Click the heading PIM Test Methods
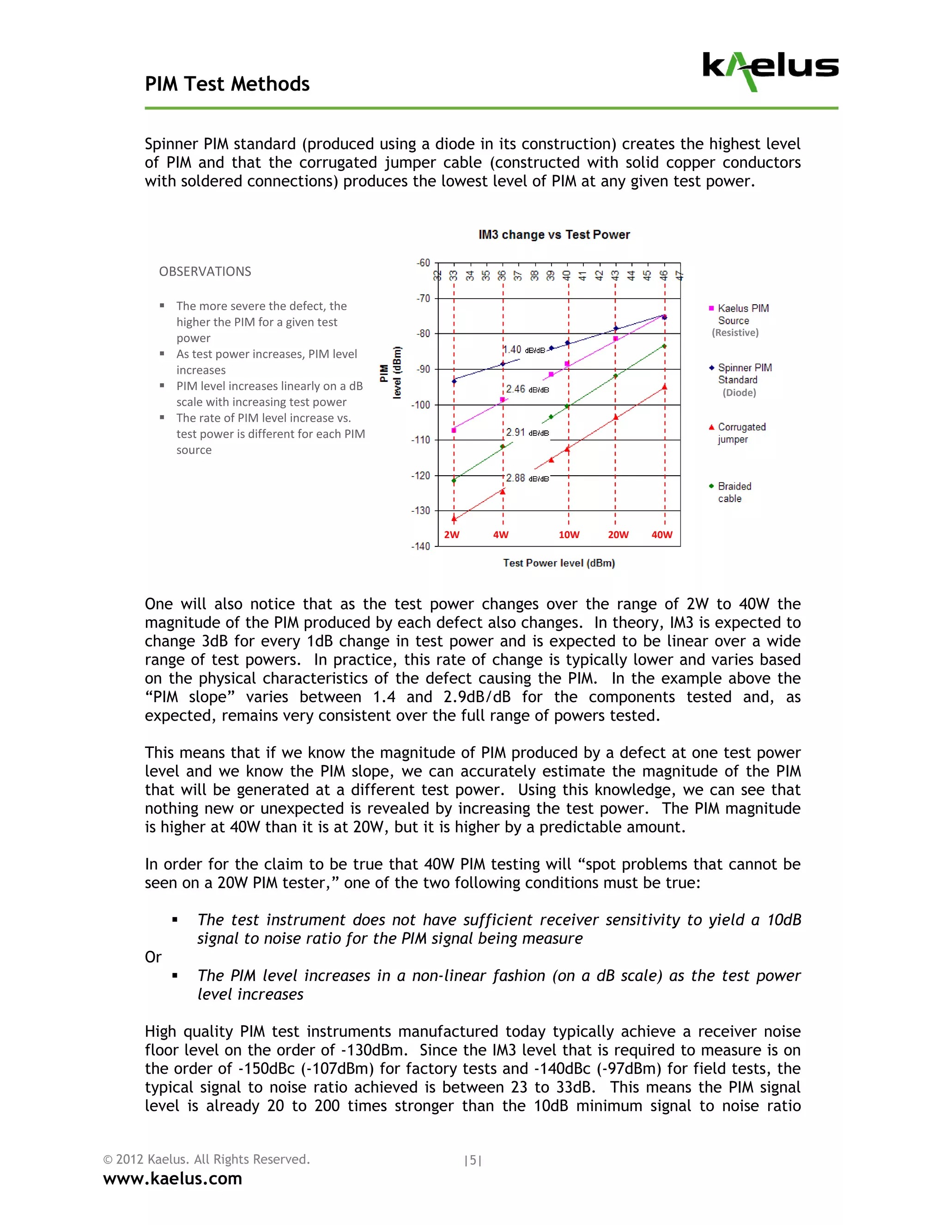click(x=227, y=84)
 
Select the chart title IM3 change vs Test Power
click(x=554, y=234)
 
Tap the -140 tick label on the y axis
click(x=420, y=546)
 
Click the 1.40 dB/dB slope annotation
click(x=524, y=350)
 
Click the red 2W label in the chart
click(x=452, y=534)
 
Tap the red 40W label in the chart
click(x=662, y=534)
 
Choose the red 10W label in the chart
click(x=569, y=534)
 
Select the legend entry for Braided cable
click(x=731, y=492)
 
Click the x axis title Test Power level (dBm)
click(x=559, y=563)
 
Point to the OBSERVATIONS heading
click(x=205, y=271)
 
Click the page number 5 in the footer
click(x=473, y=1160)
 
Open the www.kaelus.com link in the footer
click(x=173, y=1178)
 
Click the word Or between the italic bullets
click(x=153, y=957)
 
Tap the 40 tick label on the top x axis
click(x=567, y=276)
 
